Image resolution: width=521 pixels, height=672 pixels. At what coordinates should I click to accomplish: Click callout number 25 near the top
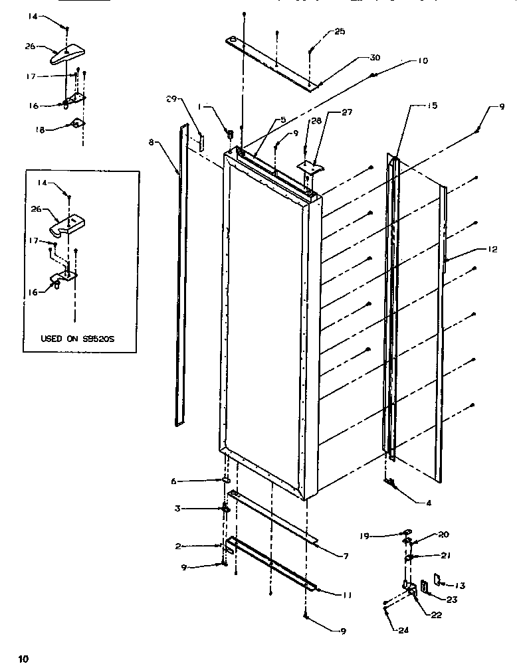click(x=340, y=32)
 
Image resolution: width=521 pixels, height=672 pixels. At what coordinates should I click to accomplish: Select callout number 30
click(x=375, y=58)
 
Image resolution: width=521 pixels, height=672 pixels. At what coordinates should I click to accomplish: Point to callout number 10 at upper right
click(x=423, y=60)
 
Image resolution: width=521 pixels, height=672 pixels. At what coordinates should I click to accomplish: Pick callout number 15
click(x=432, y=106)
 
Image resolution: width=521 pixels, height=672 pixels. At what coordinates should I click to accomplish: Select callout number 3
click(x=177, y=509)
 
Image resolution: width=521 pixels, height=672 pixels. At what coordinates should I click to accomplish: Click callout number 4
click(x=429, y=503)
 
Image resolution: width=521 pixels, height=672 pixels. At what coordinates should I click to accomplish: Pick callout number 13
click(x=460, y=585)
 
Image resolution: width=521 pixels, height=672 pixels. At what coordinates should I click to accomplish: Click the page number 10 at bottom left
click(x=23, y=659)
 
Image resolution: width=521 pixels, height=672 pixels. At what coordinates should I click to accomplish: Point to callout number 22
click(x=436, y=615)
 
